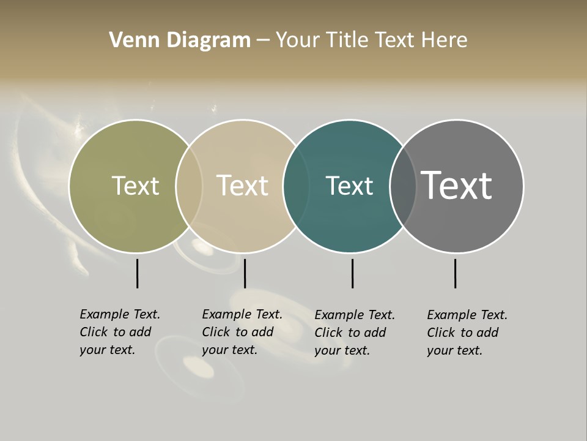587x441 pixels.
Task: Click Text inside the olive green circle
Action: [x=135, y=186]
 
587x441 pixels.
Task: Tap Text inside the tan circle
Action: [x=242, y=186]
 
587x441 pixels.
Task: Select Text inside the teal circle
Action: [x=349, y=186]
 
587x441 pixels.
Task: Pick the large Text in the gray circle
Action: [x=457, y=186]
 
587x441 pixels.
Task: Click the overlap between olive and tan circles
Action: [x=189, y=186]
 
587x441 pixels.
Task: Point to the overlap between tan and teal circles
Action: [x=296, y=186]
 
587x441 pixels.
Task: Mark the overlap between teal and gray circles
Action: [x=403, y=186]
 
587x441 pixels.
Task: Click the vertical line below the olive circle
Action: [x=138, y=273]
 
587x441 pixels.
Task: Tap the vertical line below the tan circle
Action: [x=245, y=273]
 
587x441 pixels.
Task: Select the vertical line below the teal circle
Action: [x=352, y=273]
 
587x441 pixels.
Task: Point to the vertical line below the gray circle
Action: [x=455, y=273]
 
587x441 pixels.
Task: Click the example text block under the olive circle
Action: [x=120, y=332]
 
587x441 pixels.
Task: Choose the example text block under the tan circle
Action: [x=242, y=332]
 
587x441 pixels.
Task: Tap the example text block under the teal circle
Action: [x=355, y=333]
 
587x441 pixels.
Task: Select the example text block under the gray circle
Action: [x=467, y=333]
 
